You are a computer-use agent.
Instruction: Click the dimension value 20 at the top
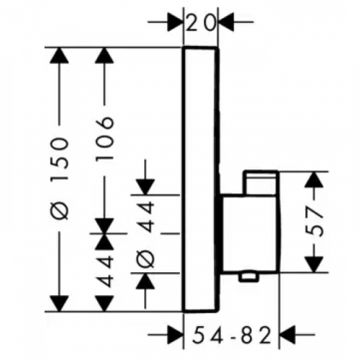pos(200,23)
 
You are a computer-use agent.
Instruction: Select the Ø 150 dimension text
pos(59,179)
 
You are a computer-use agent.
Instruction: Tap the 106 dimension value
pos(104,138)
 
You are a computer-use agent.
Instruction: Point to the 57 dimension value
pos(314,221)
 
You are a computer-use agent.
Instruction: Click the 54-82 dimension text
pos(232,335)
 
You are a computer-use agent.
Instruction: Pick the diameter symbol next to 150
pos(59,210)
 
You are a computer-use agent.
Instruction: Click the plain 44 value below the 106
pos(104,271)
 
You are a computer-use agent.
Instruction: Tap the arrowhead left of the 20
pos(175,22)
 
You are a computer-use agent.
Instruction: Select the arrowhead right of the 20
pos(226,22)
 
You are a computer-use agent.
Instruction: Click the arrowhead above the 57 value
pos(314,180)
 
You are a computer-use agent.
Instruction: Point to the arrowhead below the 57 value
pos(314,264)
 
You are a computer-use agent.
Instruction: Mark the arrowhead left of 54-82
pos(175,334)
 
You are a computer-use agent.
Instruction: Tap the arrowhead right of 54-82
pos(287,334)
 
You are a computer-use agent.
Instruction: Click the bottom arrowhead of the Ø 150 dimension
pos(59,304)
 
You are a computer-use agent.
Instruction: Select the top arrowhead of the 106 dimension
pos(104,55)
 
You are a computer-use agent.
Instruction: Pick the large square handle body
pos(250,233)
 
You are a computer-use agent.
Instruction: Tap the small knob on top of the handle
pos(261,183)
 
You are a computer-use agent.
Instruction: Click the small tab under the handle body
pos(248,277)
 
